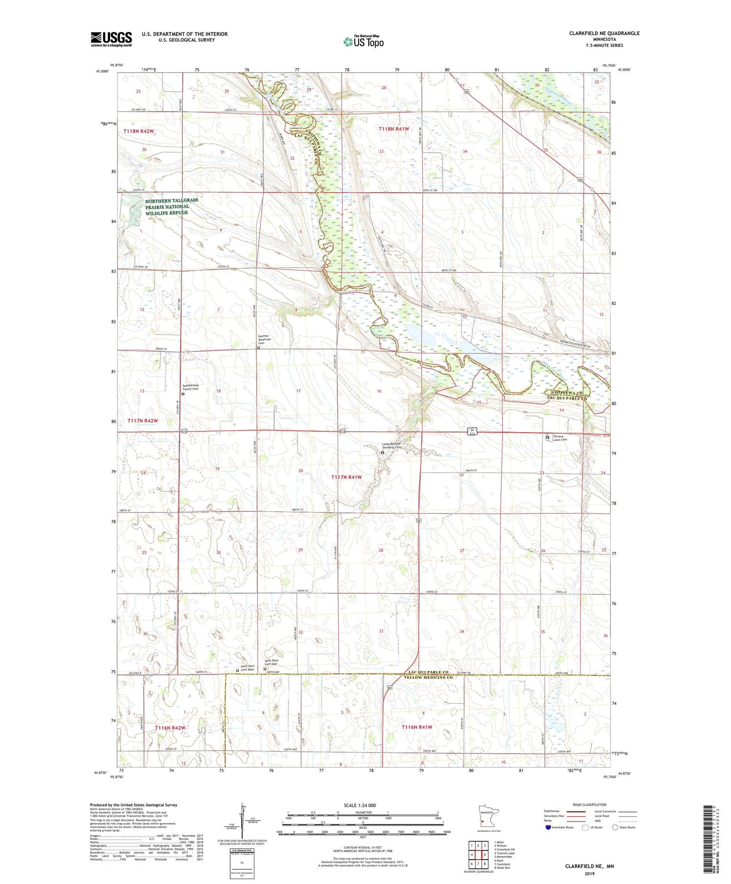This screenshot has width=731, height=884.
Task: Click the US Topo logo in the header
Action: [363, 41]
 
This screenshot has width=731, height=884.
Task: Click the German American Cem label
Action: [263, 339]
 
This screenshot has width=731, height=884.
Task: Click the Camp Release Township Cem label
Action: [392, 446]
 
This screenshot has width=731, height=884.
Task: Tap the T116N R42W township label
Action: [170, 728]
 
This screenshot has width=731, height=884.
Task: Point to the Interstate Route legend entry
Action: [560, 827]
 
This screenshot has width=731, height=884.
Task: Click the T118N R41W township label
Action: [394, 129]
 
